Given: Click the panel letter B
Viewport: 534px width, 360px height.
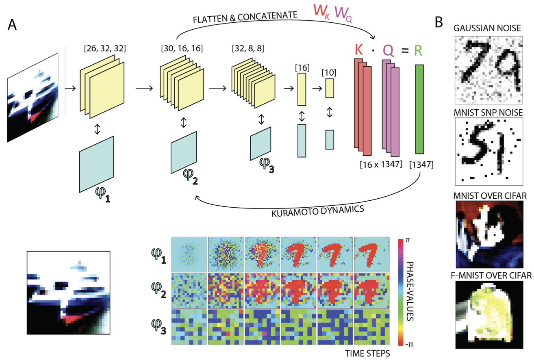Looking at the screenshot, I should (x=439, y=23).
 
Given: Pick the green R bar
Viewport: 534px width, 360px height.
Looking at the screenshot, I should (x=420, y=109).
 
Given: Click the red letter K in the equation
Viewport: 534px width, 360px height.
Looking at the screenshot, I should (x=358, y=50).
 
